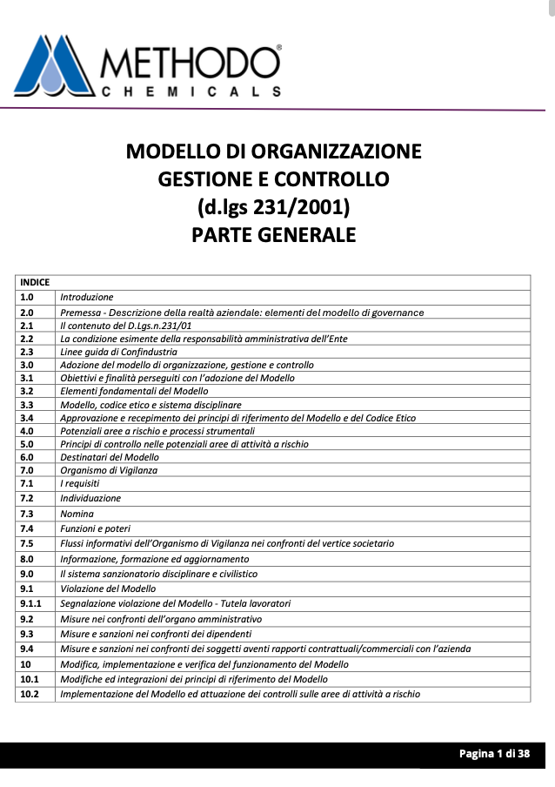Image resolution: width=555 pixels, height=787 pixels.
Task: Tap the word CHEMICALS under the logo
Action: [x=191, y=91]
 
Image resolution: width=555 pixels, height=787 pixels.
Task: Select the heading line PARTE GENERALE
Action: [x=274, y=235]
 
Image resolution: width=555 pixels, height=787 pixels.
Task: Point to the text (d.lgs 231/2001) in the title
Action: [x=274, y=207]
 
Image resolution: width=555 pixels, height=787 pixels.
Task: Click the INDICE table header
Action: [x=35, y=282]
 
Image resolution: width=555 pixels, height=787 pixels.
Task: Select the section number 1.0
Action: [x=27, y=297]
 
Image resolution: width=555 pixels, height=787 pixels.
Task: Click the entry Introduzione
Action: [x=87, y=297]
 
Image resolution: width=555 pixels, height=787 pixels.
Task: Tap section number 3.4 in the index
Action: [x=27, y=418]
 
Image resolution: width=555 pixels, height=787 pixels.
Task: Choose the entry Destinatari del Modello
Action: [x=110, y=457]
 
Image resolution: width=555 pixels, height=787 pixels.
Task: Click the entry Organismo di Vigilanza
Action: [x=109, y=470]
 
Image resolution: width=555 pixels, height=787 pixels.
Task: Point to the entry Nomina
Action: [x=77, y=514]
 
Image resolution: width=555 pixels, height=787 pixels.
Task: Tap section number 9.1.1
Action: [x=31, y=602]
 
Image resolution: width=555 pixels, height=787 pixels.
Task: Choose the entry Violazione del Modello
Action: [x=108, y=589]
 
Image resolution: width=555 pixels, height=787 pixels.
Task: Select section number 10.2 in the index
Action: [x=30, y=694]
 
